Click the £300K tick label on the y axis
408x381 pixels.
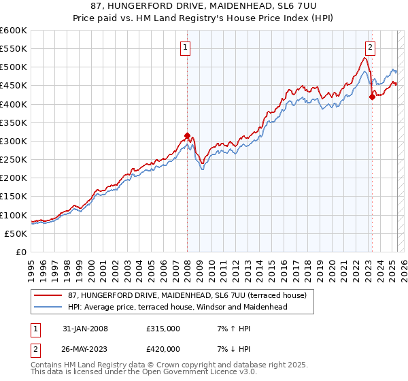[x=14, y=141]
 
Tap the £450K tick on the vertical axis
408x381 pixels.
[x=14, y=86]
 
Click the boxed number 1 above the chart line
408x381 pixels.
[x=185, y=48]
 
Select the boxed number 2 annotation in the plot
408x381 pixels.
[x=370, y=48]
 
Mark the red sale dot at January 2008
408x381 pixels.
[x=187, y=135]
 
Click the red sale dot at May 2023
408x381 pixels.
[x=372, y=97]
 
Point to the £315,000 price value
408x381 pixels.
[x=163, y=329]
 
